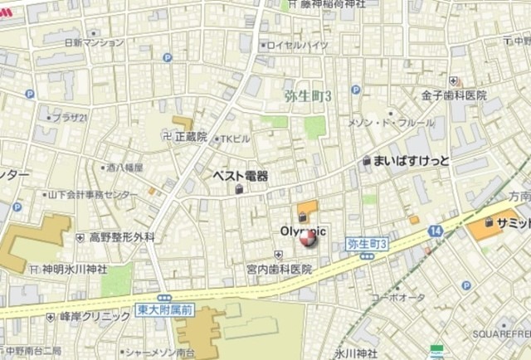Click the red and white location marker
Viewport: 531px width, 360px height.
[308, 239]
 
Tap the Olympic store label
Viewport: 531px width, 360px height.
[303, 230]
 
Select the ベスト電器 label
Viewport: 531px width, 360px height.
[241, 176]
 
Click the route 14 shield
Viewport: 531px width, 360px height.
[436, 230]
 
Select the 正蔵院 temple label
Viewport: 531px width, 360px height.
[190, 135]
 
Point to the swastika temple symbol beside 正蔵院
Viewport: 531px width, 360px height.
[164, 135]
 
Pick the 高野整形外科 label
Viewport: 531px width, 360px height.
[122, 237]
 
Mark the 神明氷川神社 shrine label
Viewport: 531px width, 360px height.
[75, 270]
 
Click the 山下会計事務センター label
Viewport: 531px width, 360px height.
[93, 194]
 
